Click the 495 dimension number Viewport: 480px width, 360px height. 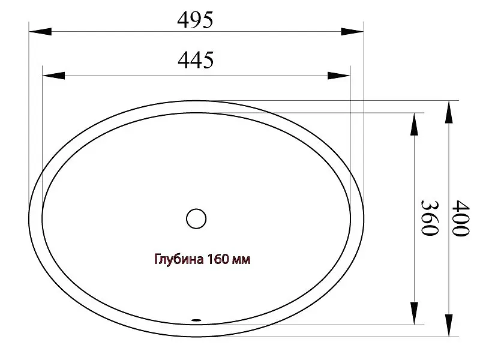pyautogui.click(x=195, y=20)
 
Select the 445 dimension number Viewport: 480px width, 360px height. pyautogui.click(x=196, y=60)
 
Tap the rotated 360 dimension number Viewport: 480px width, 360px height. pyautogui.click(x=430, y=218)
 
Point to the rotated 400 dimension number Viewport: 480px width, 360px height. pyautogui.click(x=460, y=218)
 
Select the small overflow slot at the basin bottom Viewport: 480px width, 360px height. pyautogui.click(x=196, y=320)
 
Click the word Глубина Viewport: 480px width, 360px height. pyautogui.click(x=179, y=259)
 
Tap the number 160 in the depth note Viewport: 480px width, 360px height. pyautogui.click(x=218, y=259)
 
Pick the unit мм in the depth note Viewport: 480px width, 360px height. pyautogui.click(x=242, y=260)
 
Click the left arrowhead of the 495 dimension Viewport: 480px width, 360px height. pyautogui.click(x=40, y=31)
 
